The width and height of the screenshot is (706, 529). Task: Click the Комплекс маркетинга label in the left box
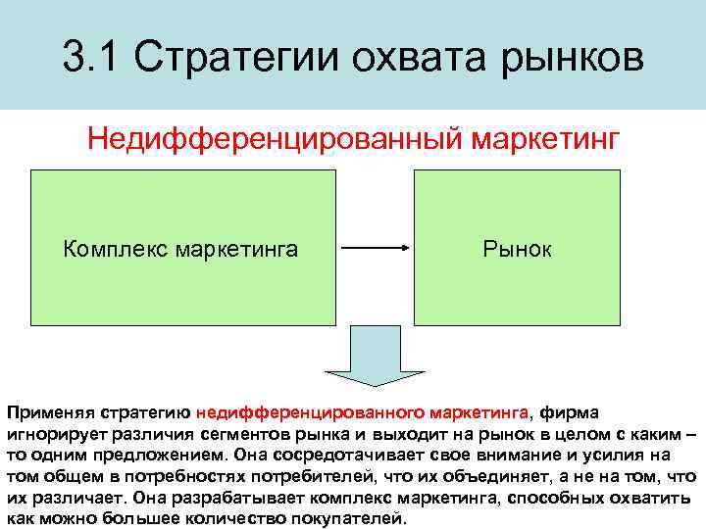click(x=180, y=249)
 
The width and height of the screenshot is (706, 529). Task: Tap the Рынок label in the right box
click(x=517, y=249)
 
